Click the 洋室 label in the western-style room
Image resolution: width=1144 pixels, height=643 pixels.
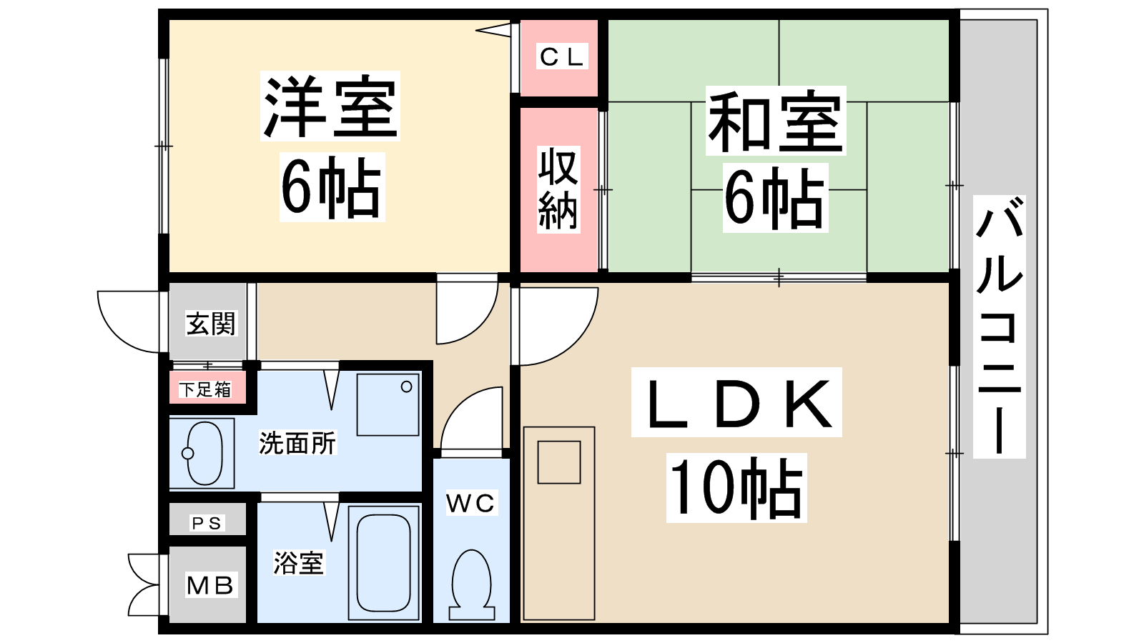pos(330,106)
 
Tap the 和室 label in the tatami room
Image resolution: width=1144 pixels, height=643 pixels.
pos(775,121)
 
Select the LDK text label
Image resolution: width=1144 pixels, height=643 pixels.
pos(736,403)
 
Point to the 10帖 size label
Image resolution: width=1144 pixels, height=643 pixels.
pos(736,488)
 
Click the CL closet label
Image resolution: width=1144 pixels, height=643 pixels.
pos(562,56)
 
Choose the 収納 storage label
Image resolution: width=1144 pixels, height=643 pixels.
pos(558,189)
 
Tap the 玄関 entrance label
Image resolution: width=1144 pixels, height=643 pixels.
pos(210,324)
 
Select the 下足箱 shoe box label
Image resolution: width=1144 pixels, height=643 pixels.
pos(205,389)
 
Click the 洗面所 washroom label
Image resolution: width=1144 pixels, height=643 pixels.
pos(297,443)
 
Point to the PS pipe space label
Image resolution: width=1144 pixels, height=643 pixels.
pos(207,523)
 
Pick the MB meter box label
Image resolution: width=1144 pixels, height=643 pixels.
pos(210,585)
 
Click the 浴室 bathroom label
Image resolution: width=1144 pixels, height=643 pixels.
pos(298,563)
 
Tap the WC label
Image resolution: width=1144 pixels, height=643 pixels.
pos(470,503)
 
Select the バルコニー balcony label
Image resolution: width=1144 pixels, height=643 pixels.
pos(1000,327)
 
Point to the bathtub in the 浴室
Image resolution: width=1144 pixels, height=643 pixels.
pos(383,562)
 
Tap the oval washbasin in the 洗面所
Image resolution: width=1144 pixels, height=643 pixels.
pos(203,453)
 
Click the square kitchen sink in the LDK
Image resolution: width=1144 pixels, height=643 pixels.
pos(558,462)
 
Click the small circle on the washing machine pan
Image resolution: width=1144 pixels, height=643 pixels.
pos(407,387)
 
